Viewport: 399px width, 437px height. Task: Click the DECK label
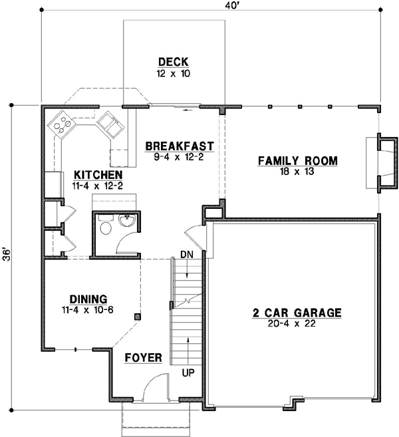tap(174, 62)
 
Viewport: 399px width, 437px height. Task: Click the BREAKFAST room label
tap(179, 146)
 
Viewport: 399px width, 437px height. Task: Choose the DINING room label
tap(88, 299)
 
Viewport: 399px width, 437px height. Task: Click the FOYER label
tap(144, 358)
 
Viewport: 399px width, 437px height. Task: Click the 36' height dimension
tap(7, 255)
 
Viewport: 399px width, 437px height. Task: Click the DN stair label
tap(187, 255)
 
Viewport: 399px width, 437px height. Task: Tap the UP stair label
tap(188, 372)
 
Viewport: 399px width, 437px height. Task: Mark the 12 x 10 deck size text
tap(174, 74)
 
